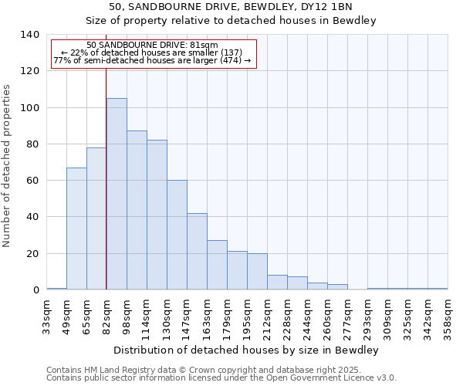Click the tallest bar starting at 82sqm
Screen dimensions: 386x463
pos(117,194)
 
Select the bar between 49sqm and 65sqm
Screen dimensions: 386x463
pos(76,229)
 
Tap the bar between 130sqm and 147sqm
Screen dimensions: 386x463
pos(177,235)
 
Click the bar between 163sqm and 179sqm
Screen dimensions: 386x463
pos(217,265)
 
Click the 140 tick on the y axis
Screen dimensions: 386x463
pos(30,35)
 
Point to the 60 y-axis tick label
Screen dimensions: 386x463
pos(33,181)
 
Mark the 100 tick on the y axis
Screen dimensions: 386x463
pos(30,108)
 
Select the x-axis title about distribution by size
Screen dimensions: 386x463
pos(248,350)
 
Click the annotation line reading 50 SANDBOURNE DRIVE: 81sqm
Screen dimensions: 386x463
pos(152,46)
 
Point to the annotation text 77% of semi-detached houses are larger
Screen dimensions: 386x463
pos(152,61)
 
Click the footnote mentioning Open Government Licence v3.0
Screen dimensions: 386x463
pos(221,378)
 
